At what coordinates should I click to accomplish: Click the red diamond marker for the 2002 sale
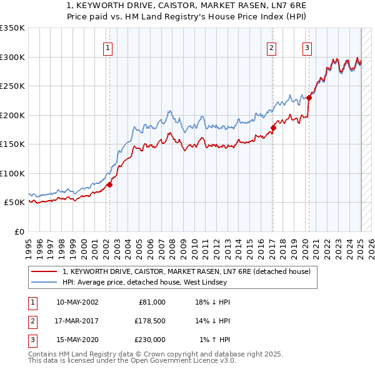[x=109, y=184]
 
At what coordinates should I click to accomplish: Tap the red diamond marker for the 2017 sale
[x=273, y=128]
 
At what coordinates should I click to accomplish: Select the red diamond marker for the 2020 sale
[x=309, y=98]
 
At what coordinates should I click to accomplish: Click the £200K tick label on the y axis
[x=12, y=115]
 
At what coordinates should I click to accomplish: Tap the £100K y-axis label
[x=12, y=173]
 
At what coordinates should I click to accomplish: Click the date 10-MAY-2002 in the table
[x=77, y=302]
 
